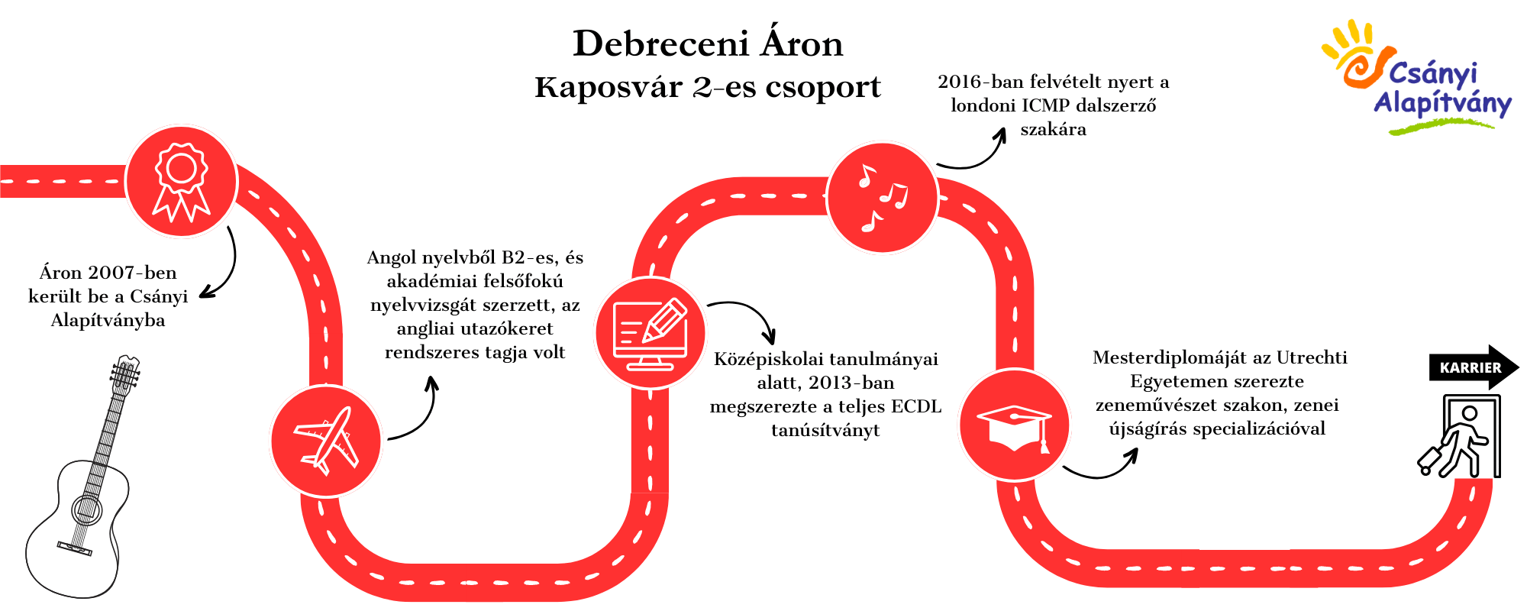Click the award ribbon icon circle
182,182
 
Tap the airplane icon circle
326,441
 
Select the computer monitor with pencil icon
651,333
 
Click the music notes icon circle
883,198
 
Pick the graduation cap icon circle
1015,425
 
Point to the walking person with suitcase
1459,437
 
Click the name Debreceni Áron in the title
708,44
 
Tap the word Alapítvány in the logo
1442,103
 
